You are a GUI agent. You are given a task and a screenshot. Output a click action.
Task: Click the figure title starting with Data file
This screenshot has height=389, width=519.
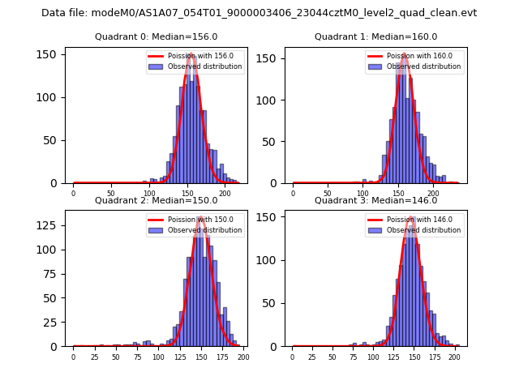(259, 13)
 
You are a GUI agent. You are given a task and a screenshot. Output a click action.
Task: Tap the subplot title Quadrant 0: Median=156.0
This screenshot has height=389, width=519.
(157, 36)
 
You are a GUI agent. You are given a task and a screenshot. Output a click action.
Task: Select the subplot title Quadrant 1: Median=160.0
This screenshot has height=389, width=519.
(375, 36)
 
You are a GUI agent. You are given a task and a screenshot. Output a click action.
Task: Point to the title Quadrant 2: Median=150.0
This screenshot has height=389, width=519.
(157, 200)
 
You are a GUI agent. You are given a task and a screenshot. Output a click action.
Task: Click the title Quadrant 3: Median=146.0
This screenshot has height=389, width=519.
(375, 200)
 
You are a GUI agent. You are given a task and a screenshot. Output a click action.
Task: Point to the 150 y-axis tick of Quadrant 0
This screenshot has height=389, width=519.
(49, 54)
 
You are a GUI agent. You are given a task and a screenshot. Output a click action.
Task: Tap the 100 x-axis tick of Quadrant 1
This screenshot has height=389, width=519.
(363, 194)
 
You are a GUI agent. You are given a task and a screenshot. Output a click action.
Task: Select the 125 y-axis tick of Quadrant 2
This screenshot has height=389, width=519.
(49, 222)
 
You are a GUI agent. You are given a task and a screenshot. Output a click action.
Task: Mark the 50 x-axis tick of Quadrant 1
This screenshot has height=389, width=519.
(328, 194)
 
